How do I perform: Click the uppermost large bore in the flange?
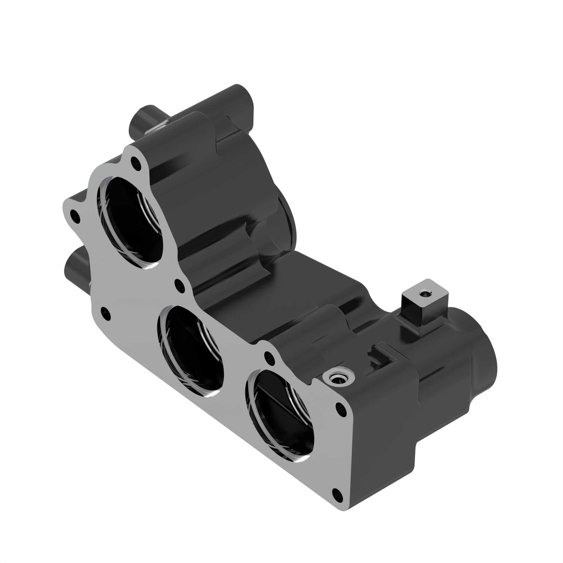pos(131,223)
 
